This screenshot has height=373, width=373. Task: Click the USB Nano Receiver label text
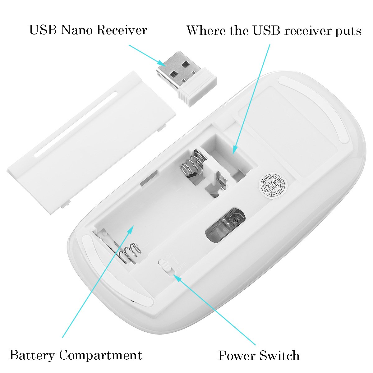pos(88,30)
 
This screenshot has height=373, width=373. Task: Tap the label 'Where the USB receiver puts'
pos(274,31)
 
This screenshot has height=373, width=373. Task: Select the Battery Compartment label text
pos(76,355)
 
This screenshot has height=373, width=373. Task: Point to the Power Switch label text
pos(259,355)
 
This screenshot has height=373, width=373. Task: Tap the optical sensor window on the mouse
pos(226,225)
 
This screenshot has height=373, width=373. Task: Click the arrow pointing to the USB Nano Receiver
pos(146,54)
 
